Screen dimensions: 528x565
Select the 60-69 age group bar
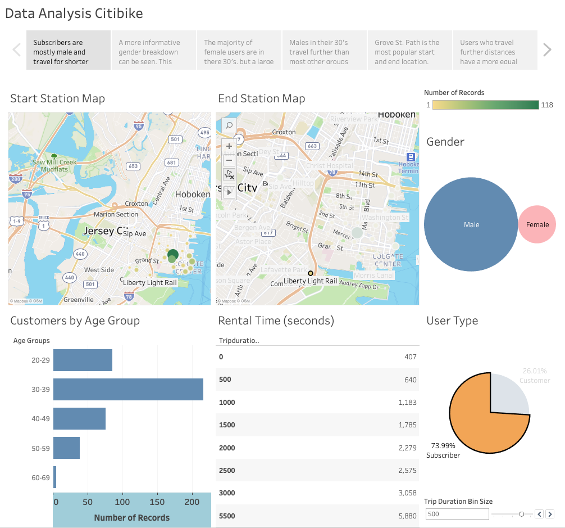click(55, 477)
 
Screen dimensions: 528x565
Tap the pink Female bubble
click(537, 224)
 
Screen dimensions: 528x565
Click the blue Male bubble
click(471, 224)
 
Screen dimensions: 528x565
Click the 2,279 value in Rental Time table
click(405, 448)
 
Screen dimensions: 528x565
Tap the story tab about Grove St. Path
click(409, 52)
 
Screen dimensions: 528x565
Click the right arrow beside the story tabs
click(547, 50)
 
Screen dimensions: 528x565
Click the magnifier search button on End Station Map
click(229, 126)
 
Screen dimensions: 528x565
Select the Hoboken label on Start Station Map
click(193, 194)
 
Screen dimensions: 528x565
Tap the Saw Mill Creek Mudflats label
click(54, 165)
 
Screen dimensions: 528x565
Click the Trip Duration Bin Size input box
click(457, 514)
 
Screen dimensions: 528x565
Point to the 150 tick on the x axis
click(159, 502)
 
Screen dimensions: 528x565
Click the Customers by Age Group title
click(75, 321)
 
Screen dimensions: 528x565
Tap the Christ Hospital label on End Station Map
click(330, 165)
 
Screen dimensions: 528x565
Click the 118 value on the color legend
click(547, 105)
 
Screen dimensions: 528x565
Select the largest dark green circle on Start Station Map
click(173, 254)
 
